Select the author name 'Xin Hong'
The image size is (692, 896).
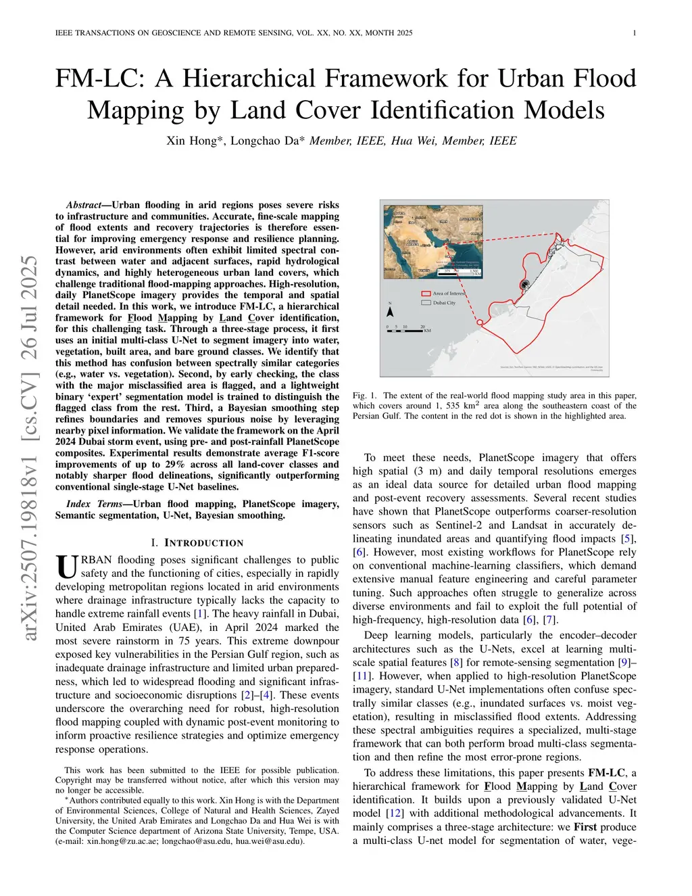(x=192, y=141)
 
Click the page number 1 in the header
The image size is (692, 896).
(x=634, y=33)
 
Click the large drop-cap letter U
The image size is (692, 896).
(x=67, y=567)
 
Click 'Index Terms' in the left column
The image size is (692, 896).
(x=94, y=504)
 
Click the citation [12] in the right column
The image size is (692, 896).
(x=395, y=814)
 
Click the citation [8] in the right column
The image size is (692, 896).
(x=457, y=663)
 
